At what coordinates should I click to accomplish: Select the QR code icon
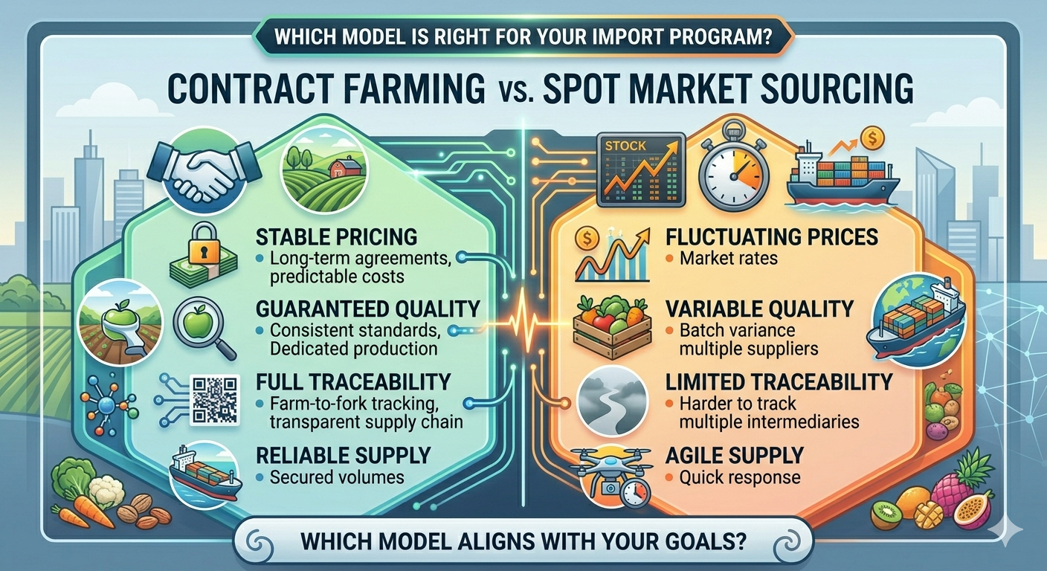tap(216, 399)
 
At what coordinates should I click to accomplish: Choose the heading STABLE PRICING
tap(336, 238)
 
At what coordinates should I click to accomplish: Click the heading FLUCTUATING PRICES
tap(773, 238)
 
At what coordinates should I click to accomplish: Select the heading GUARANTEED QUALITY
tap(368, 309)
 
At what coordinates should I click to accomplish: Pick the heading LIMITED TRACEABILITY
tap(779, 382)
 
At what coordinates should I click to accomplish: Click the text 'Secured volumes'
tap(338, 477)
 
